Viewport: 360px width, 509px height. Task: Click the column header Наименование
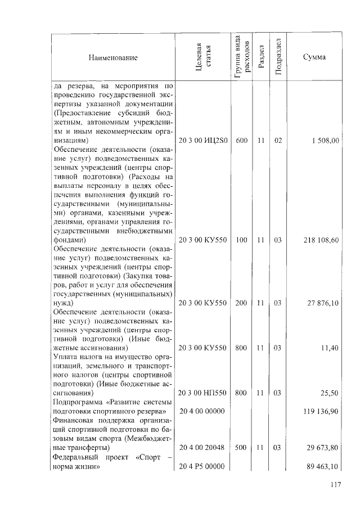[112, 57]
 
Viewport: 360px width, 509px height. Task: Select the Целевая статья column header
[202, 57]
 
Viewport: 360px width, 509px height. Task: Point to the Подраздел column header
[278, 57]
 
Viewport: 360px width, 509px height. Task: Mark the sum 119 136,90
[319, 412]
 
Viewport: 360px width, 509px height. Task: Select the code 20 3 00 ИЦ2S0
[202, 141]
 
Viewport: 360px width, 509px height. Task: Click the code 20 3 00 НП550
[202, 393]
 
